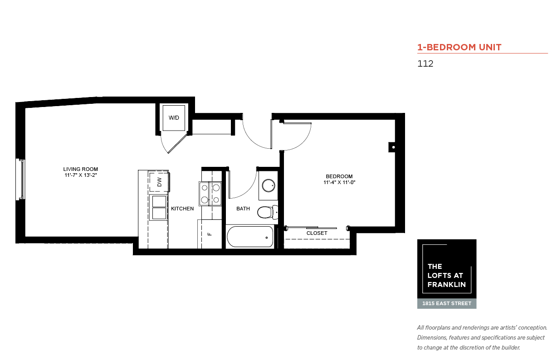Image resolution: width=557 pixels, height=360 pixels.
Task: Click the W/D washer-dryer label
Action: click(174, 117)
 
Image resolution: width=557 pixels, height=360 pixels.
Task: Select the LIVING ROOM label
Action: click(81, 169)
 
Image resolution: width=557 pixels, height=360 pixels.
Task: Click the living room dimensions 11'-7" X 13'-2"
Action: click(81, 175)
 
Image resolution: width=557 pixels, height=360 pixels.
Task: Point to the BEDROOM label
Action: click(339, 176)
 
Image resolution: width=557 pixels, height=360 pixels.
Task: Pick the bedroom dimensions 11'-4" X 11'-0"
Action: click(339, 182)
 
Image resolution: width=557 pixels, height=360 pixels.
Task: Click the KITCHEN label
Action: click(182, 209)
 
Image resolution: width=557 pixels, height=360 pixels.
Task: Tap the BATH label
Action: click(243, 209)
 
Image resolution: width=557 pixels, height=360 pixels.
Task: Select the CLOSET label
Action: click(317, 233)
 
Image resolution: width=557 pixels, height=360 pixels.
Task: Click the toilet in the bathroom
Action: click(268, 212)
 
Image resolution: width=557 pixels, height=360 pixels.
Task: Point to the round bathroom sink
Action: click(269, 185)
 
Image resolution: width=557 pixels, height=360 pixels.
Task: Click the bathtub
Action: click(250, 237)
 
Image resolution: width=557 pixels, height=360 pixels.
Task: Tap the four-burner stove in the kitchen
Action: click(210, 194)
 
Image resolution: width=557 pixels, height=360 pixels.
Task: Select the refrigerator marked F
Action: click(210, 234)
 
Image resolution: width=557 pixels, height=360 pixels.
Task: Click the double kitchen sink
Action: click(159, 208)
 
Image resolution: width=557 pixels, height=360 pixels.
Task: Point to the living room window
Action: click(21, 179)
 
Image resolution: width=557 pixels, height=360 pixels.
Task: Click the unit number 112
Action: click(425, 63)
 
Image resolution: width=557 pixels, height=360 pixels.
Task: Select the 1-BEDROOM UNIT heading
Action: click(459, 47)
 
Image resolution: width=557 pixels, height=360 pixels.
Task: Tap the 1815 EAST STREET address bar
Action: click(447, 304)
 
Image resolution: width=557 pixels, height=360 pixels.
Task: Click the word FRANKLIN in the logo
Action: click(447, 284)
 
